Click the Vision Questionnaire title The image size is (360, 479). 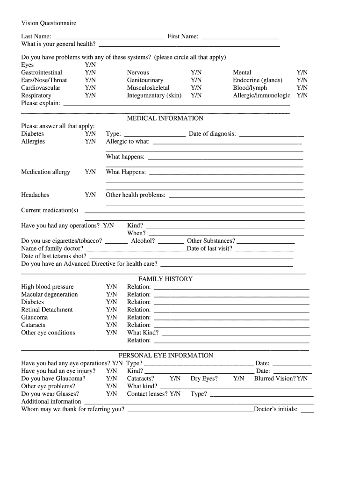pos(49,23)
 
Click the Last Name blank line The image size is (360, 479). pos(109,37)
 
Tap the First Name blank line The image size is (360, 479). pos(240,37)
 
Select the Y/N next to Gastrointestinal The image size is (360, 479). pos(90,73)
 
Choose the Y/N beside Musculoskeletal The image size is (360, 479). pos(196,87)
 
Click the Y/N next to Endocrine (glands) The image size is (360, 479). pos(302,80)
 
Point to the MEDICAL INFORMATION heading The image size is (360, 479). pos(165,118)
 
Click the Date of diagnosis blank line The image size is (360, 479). pos(271,135)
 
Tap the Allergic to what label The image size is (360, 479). pos(128,141)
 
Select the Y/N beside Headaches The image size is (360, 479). pos(90,195)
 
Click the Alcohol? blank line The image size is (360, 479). pos(171,243)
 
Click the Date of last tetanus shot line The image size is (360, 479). pos(191,257)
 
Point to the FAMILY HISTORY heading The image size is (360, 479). pos(165,279)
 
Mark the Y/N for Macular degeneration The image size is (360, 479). pos(111,294)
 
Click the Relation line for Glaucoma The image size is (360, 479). pos(231,319)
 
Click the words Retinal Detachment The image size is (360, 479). pos(47,310)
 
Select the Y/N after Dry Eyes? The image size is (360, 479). pos(238,378)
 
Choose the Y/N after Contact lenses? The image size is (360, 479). pos(175,394)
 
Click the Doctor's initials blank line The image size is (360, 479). pos(307,412)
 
